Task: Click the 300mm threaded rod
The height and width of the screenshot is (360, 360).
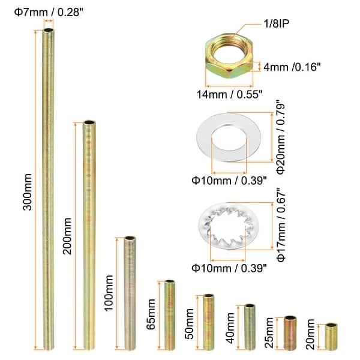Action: coord(49,192)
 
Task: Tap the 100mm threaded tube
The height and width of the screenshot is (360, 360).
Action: coord(128,294)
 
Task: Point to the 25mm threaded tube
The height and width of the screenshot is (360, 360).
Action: coord(290,333)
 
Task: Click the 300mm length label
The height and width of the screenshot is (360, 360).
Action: coord(26,192)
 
